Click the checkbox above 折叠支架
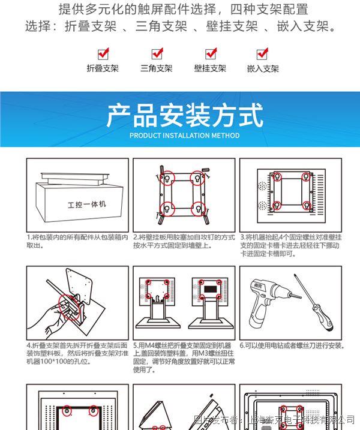pos(102,54)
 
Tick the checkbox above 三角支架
pos(157,54)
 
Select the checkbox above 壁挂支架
pos(210,54)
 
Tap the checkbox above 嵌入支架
pos(262,54)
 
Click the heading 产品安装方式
pos(184,115)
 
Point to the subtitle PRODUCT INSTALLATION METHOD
pos(184,136)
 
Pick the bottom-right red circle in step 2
pos(197,209)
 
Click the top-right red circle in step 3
pos(307,177)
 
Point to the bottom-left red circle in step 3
pos(277,206)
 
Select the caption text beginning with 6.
pos(292,345)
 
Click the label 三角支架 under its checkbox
pos(157,68)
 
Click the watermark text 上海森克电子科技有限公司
pos(303,420)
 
